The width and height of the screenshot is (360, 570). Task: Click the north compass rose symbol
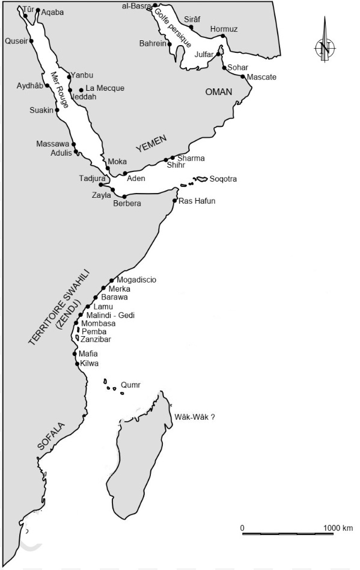click(325, 46)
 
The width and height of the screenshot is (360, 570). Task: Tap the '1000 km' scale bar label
click(338, 527)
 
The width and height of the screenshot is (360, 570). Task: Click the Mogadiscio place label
click(136, 280)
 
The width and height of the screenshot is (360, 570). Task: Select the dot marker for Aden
click(125, 173)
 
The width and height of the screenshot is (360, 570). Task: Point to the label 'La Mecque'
click(105, 88)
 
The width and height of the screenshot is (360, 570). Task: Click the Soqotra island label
click(223, 179)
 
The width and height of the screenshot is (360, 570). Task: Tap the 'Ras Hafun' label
click(197, 201)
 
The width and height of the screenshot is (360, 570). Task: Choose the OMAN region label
click(218, 91)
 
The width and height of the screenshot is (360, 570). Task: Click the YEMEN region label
click(150, 144)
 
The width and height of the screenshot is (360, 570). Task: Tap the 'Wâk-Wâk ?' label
click(194, 416)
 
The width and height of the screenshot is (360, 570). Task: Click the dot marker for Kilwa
click(77, 364)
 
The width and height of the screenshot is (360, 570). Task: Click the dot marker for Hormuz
click(223, 36)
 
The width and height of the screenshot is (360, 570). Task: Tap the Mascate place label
click(261, 77)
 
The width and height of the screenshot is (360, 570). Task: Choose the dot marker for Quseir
click(31, 41)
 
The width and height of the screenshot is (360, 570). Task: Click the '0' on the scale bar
click(242, 527)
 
